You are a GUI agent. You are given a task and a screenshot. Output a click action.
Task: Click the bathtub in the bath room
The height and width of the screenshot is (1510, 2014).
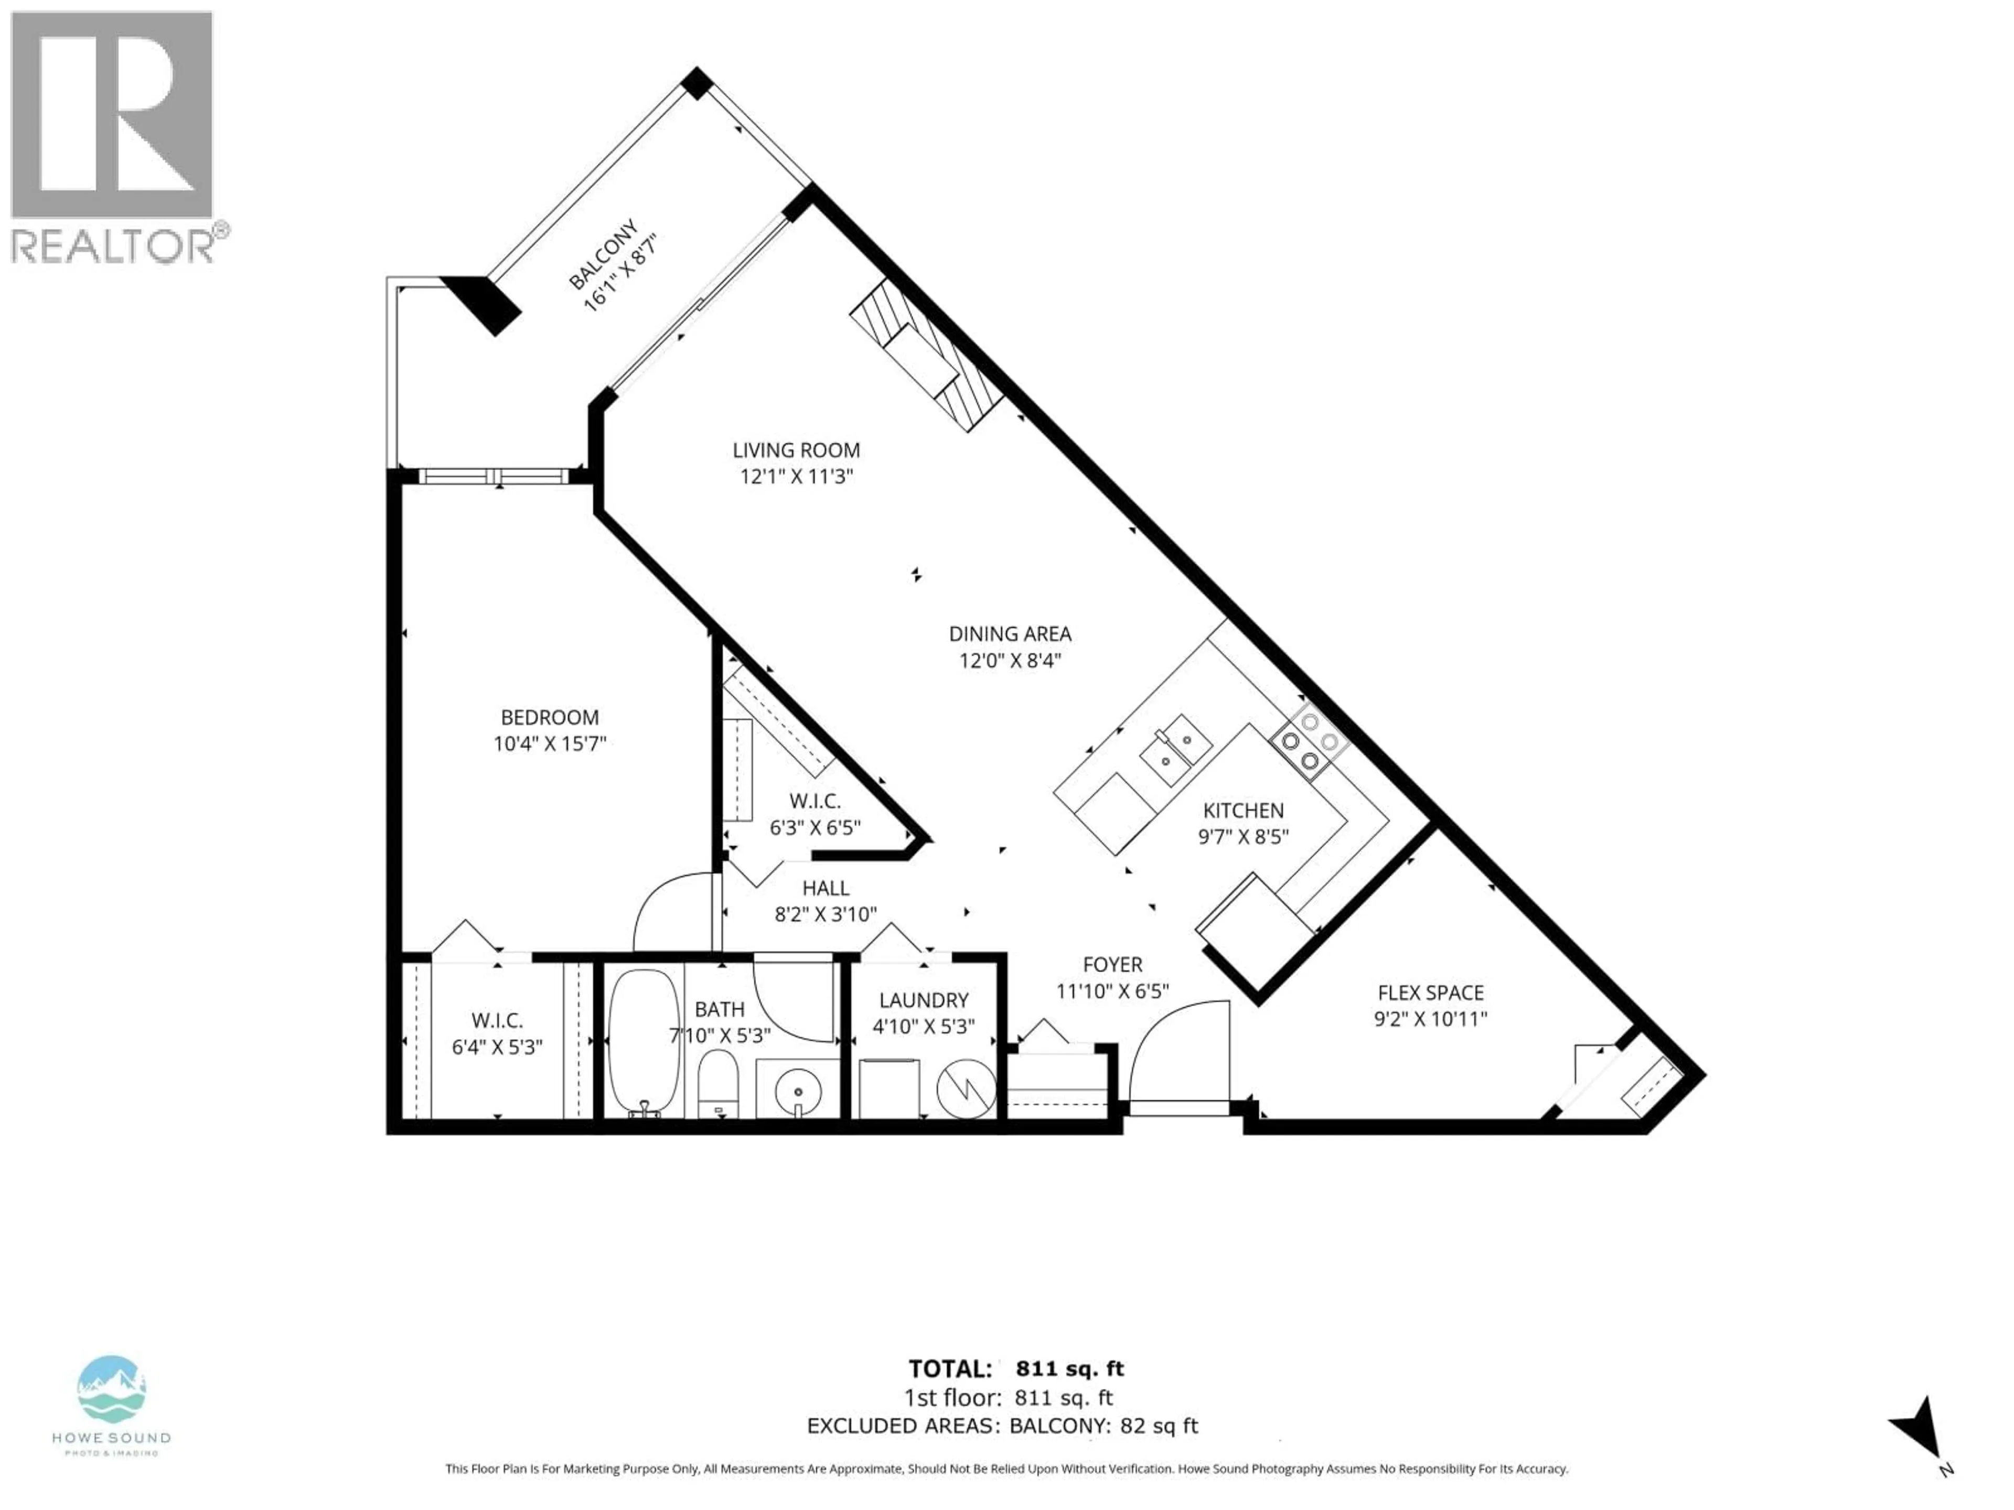pos(643,1041)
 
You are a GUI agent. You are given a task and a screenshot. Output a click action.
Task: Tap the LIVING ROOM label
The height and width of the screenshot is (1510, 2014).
pos(796,450)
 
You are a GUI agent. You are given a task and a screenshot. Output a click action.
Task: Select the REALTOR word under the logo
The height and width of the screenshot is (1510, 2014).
pos(113,246)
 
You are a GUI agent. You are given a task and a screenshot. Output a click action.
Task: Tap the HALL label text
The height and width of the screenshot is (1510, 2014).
pos(826,888)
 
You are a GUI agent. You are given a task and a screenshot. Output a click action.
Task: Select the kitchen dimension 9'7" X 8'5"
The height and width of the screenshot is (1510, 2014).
pos(1243,836)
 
